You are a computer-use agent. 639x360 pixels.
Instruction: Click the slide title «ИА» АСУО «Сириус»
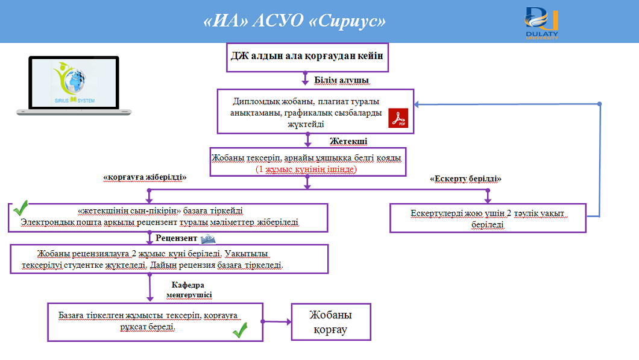tap(295, 22)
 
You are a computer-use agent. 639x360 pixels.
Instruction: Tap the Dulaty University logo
tap(541, 22)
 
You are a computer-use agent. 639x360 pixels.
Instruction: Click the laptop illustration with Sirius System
tap(74, 84)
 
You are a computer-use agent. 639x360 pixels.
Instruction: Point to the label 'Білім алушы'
tap(342, 80)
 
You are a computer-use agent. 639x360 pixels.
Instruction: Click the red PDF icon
tap(398, 118)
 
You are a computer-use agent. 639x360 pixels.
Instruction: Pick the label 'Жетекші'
tap(348, 141)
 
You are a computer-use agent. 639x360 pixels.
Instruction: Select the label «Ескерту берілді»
tap(465, 179)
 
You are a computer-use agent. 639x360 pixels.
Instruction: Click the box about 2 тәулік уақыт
tap(488, 218)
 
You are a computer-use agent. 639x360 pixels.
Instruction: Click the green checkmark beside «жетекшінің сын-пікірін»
tap(20, 209)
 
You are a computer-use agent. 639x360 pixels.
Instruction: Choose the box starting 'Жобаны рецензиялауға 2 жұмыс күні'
tap(169, 259)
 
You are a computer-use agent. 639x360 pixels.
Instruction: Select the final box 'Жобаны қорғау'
tap(330, 322)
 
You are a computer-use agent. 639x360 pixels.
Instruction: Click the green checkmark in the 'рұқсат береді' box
tap(240, 329)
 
